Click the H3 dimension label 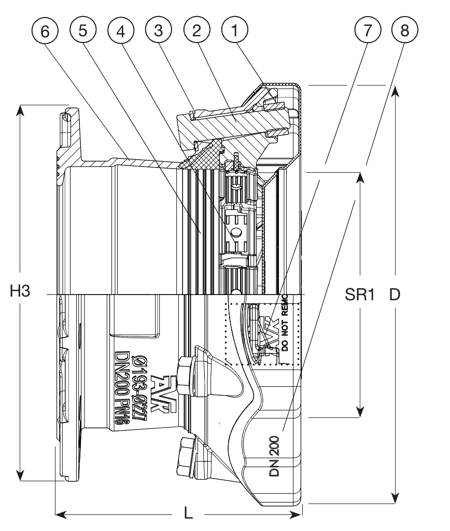(x=21, y=292)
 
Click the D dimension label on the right (x=395, y=294)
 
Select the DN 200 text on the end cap (x=275, y=456)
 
